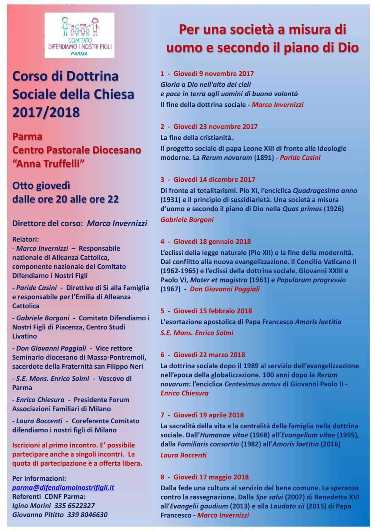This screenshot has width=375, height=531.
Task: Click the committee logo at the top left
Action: click(x=79, y=35)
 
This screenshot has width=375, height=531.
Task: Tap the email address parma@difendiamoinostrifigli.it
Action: click(x=63, y=488)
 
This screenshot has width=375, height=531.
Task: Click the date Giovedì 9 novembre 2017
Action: click(x=214, y=74)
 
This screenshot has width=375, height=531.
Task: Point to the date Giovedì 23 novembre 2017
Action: click(x=216, y=127)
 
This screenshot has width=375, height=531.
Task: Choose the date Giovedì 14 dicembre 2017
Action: click(x=214, y=180)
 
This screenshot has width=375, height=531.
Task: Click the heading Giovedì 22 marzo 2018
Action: click(x=209, y=355)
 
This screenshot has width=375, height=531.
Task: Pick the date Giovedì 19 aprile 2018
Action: click(x=208, y=415)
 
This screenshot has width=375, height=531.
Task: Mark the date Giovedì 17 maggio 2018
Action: click(x=211, y=477)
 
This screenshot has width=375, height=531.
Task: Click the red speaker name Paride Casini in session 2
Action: click(x=300, y=158)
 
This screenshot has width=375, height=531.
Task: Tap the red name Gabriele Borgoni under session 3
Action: click(x=187, y=220)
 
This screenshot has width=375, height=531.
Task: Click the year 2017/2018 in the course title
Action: click(x=46, y=112)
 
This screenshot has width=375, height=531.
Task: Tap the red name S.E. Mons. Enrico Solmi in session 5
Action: click(x=197, y=333)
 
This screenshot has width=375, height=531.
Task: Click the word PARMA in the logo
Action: click(x=79, y=54)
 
